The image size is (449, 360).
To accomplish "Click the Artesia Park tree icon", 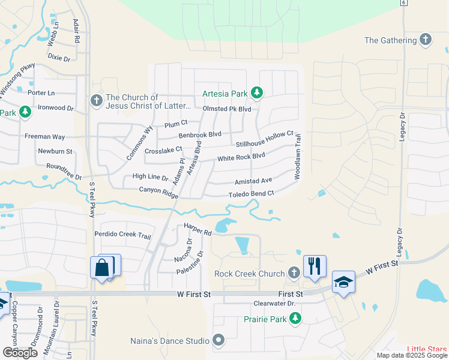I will pos(257,92).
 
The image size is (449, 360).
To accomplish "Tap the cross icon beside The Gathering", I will pos(426,40).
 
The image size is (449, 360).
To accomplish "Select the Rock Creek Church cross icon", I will pos(294,274).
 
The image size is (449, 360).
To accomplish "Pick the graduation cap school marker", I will pos(343,283).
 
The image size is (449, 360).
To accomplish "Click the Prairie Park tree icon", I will pos(295,319).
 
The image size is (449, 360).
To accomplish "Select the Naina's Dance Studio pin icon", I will pos(218,341).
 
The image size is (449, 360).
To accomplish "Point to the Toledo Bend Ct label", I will pos(251,194).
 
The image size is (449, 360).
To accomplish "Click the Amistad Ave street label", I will pos(253,181).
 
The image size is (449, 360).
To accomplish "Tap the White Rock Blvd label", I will pos(241,157).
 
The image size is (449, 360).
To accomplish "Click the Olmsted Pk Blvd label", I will pos(227,109).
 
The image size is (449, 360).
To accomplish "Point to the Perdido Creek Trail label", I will pos(122,235).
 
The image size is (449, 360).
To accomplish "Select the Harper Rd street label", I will pos(198,229).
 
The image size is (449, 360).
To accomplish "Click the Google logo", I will pos(20,353).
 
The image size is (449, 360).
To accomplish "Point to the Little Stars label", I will pos(427,350).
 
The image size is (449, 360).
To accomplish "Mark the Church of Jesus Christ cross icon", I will pos(96,101).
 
